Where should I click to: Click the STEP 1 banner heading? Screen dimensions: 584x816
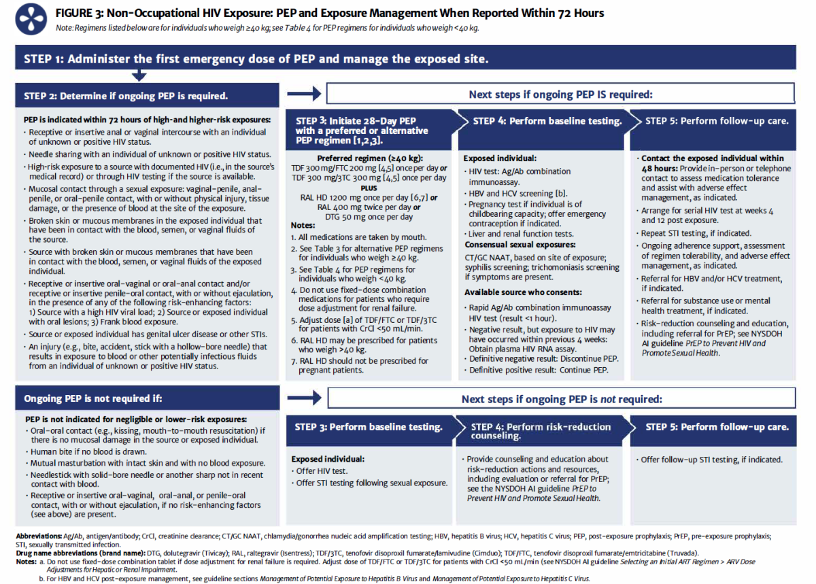pyautogui.click(x=256, y=58)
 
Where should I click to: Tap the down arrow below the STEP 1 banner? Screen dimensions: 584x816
pyautogui.click(x=139, y=75)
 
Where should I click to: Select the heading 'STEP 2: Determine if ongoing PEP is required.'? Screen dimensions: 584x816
pyautogui.click(x=126, y=95)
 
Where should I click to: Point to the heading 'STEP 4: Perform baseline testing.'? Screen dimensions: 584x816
pyautogui.click(x=547, y=121)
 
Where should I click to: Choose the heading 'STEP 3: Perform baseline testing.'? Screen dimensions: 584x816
pyautogui.click(x=369, y=427)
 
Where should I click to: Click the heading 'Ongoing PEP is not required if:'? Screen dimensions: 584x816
pyautogui.click(x=92, y=398)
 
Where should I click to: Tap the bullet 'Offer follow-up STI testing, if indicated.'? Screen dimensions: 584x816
pyautogui.click(x=711, y=460)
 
